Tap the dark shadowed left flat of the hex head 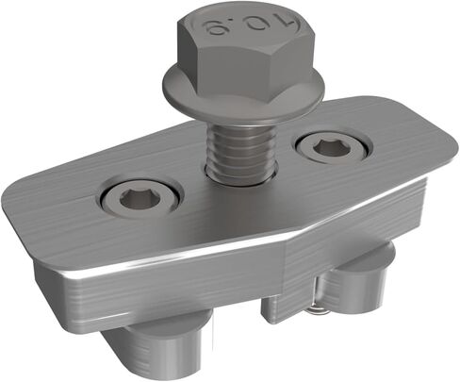click(x=189, y=54)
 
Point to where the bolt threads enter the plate click(x=240, y=176)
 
